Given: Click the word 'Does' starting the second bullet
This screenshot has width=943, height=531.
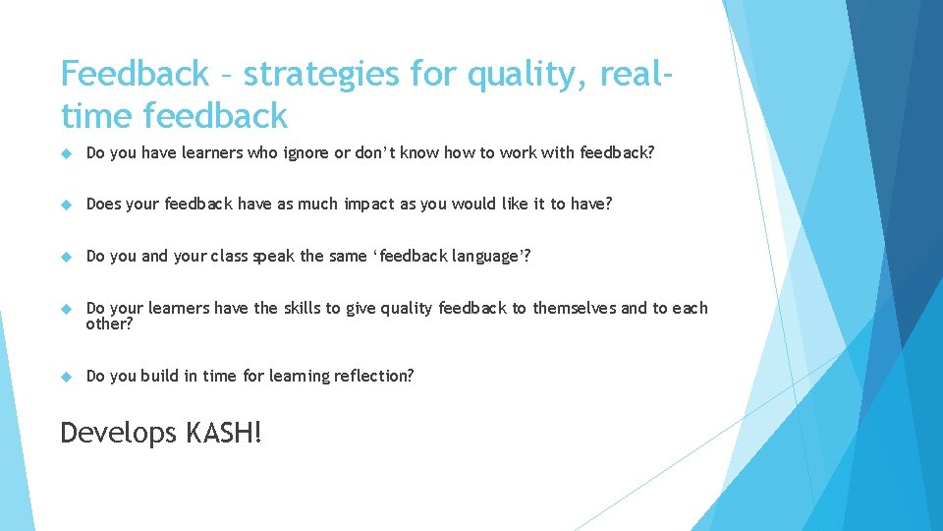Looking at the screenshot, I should tap(104, 204).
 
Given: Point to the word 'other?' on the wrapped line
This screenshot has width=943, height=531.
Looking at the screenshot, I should tap(109, 324).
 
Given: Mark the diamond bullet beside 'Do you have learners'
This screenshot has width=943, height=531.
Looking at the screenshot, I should tap(67, 153).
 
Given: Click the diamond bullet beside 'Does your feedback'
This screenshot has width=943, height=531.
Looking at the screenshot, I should tap(67, 205).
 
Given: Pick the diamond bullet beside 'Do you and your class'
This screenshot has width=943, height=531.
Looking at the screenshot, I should tap(67, 257).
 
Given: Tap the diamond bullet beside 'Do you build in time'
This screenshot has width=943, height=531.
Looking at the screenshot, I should tap(67, 377).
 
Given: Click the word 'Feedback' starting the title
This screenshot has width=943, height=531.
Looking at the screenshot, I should tap(135, 74).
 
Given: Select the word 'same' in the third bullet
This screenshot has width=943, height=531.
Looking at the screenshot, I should tap(349, 256).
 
